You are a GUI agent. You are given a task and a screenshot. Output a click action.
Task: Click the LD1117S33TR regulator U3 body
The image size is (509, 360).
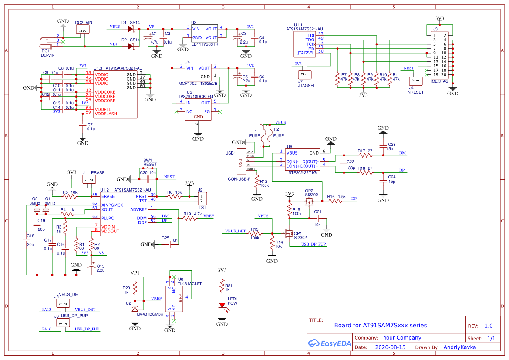205,33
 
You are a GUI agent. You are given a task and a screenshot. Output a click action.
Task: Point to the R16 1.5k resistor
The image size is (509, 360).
335,201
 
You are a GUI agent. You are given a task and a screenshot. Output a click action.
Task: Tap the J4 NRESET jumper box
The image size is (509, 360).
416,81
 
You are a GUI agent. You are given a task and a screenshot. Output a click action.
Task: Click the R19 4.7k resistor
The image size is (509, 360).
190,219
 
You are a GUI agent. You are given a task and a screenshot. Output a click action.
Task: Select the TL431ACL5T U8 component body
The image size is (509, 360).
174,299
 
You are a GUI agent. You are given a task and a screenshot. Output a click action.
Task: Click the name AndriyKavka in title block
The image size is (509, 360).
459,347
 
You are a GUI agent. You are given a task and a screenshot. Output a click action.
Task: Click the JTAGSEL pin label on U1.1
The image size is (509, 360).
306,53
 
